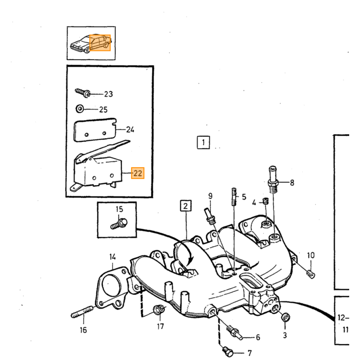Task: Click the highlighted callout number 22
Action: [138, 173]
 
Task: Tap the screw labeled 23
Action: [83, 93]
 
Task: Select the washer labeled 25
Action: [80, 109]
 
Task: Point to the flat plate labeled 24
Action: [95, 130]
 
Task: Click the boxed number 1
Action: [204, 142]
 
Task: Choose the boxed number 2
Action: [186, 206]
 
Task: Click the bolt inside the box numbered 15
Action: [119, 224]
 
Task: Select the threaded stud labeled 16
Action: [82, 312]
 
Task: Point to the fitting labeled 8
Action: [273, 179]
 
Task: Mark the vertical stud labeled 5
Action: [233, 196]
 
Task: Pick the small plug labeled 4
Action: [266, 202]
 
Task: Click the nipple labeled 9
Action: [210, 217]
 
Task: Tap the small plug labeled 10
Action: [311, 274]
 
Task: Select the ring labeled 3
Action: [285, 317]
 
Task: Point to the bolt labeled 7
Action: [228, 351]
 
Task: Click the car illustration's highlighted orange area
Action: [100, 43]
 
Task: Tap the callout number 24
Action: [130, 130]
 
